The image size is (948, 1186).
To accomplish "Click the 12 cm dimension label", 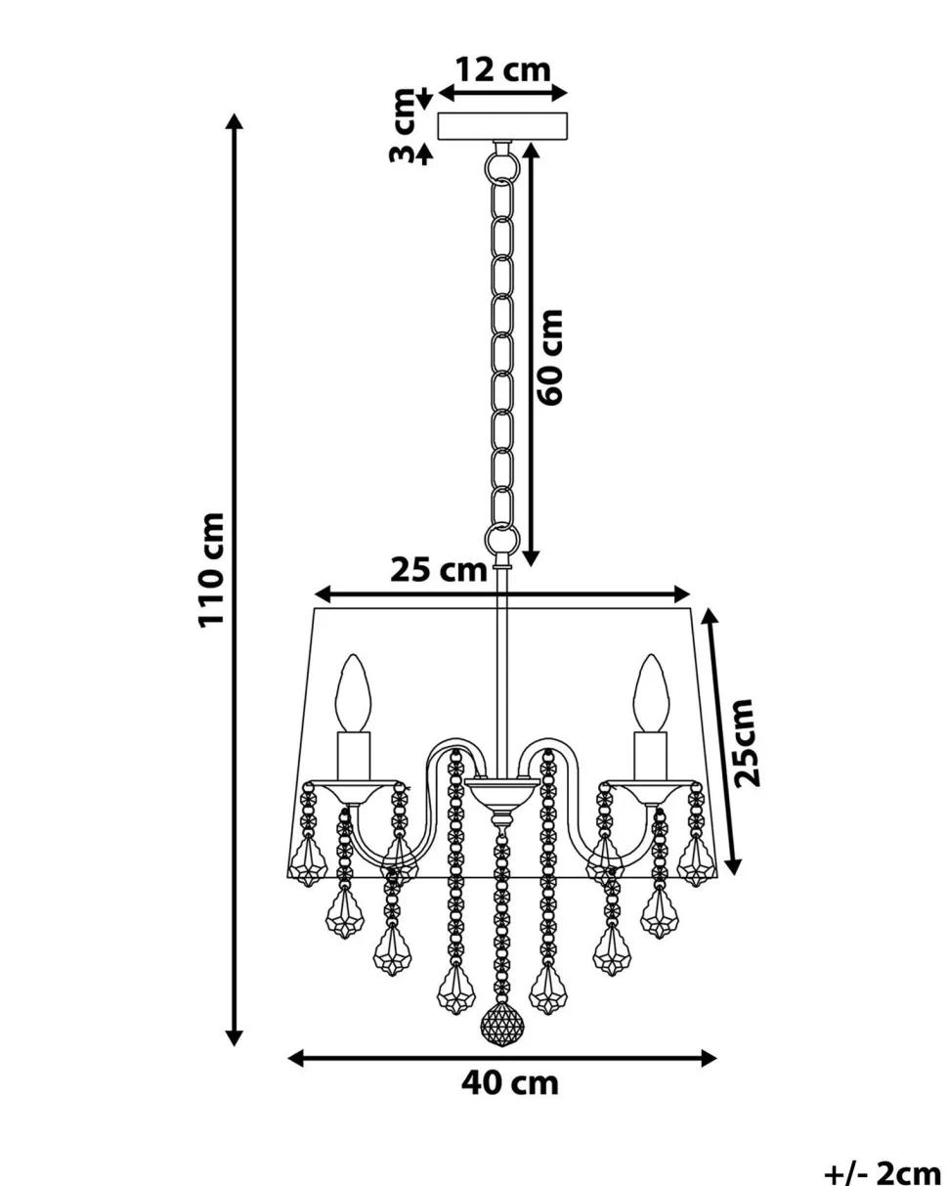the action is (503, 70).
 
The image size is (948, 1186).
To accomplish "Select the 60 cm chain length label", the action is (550, 357).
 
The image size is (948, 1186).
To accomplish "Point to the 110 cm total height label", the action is (211, 570).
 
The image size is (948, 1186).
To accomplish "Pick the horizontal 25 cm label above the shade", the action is (439, 570).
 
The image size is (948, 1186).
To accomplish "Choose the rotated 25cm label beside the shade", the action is (748, 742).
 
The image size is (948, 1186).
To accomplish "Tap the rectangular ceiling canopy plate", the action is (501, 126).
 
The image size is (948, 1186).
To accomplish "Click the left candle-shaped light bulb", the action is (353, 693).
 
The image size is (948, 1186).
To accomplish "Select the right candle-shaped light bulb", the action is (651, 693).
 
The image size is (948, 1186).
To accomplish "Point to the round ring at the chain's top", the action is (501, 167).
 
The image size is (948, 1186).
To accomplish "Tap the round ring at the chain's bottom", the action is (501, 539).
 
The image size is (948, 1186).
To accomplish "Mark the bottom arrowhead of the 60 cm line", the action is (531, 557).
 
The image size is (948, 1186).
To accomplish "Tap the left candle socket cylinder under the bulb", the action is (354, 756).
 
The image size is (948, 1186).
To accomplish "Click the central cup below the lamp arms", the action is (501, 795).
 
